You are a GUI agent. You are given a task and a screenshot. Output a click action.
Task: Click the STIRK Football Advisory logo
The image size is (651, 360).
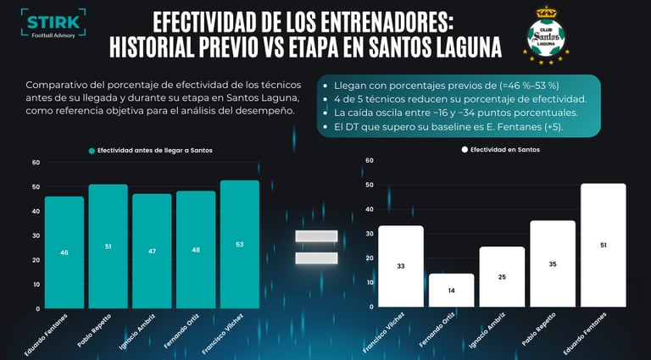click(53, 28)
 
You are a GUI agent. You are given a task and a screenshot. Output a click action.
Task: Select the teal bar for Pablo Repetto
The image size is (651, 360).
click(108, 246)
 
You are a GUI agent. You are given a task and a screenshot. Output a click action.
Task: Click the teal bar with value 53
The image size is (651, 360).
click(240, 244)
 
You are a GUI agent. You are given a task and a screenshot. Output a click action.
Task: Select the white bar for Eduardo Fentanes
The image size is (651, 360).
click(603, 245)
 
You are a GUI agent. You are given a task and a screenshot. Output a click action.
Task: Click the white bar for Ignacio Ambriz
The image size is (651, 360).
click(502, 276)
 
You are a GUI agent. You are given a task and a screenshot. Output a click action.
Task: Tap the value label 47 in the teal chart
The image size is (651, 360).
click(153, 252)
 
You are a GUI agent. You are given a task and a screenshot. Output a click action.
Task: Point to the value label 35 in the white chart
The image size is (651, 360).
click(553, 263)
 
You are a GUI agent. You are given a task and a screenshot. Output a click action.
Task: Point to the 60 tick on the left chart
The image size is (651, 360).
click(36, 163)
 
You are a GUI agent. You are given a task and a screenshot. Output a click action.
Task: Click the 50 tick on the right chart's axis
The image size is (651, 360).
click(369, 185)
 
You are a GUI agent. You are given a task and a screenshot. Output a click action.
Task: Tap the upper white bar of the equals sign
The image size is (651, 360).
click(316, 236)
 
